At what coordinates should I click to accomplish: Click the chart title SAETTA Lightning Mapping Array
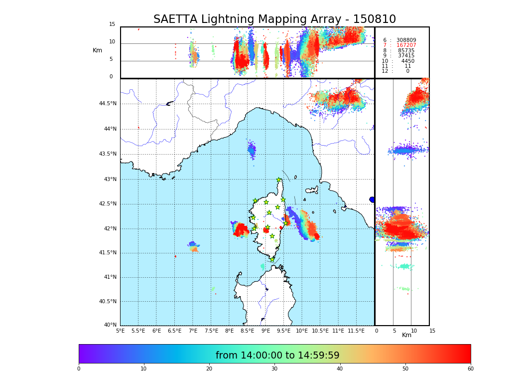point(274,19)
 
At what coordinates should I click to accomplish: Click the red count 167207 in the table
point(406,45)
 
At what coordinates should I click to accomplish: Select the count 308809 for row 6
point(406,40)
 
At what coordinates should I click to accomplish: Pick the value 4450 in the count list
point(407,61)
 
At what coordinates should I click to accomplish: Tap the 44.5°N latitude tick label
point(108,104)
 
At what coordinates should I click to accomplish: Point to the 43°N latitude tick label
point(110,180)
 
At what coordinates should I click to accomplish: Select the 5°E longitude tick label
point(121,331)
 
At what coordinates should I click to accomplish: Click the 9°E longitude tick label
point(265,331)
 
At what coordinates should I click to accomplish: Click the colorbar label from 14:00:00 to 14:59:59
point(277,356)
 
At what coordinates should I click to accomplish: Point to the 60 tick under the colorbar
point(470,369)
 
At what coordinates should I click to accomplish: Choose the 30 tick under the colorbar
point(274,369)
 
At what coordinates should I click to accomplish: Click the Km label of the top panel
point(97,50)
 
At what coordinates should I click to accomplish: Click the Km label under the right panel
point(406,335)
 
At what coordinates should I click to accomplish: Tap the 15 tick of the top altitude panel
point(112,24)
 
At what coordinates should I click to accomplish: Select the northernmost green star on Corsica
point(279,180)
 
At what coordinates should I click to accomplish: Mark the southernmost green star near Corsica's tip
point(272,259)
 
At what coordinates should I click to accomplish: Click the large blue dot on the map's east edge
point(372,199)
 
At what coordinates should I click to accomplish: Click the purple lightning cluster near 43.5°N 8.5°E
point(252,149)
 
